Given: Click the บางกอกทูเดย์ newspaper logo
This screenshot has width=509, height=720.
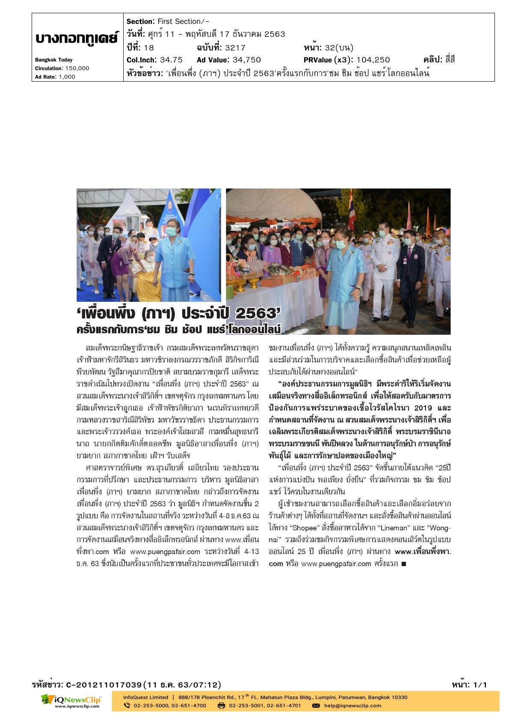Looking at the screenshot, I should coord(77,38).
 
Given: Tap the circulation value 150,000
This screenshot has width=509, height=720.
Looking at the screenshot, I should coord(77,68).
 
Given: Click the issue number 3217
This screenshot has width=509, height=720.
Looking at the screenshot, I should coord(235,47).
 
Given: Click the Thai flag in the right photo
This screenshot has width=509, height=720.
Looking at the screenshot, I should coord(352,210).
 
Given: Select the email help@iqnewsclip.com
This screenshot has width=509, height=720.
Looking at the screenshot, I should coord(352,705).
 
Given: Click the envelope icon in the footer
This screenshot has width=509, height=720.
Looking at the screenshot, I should coord(316,705).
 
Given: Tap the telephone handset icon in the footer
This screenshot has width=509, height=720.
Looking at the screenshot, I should coord(127,705).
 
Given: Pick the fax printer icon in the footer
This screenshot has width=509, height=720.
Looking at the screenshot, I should coord(221,705).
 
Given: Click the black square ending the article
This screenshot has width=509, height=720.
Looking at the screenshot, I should coord(403,564).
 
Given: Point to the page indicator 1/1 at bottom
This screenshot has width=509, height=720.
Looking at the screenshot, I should coord(480,685).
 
